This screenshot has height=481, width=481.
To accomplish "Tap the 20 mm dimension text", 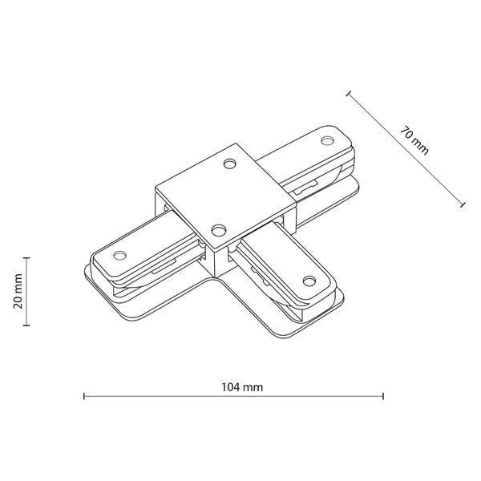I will (17, 292).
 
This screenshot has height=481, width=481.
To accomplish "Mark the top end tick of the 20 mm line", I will (27, 258).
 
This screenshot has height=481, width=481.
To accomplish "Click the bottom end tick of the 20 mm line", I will (27, 325).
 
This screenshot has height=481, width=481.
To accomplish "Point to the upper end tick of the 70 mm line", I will (348, 94).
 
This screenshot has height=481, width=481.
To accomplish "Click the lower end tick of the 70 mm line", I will (463, 205).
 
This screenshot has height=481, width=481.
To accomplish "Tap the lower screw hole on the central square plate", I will (217, 229).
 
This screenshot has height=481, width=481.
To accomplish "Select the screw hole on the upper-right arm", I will (326, 141).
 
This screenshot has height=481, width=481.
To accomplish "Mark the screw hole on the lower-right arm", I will (306, 281).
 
